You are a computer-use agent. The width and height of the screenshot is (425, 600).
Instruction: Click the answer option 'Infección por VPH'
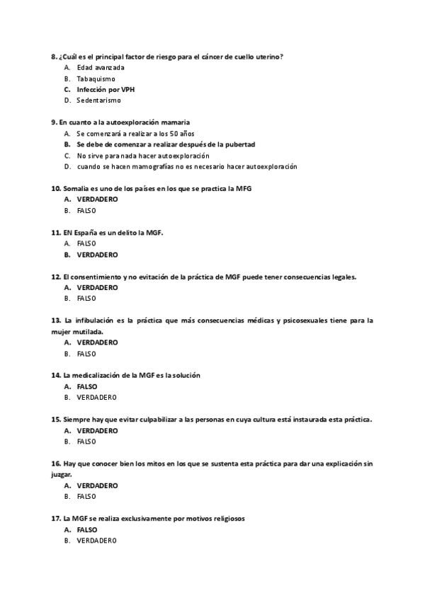(106, 90)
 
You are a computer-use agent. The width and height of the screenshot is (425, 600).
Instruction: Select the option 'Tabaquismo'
(96, 79)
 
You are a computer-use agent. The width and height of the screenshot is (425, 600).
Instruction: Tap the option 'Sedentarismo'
(98, 100)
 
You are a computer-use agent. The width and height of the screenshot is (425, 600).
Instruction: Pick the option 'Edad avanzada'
(101, 68)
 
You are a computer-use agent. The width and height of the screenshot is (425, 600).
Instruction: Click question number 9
(55, 122)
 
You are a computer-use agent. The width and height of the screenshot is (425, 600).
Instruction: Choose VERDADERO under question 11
(97, 255)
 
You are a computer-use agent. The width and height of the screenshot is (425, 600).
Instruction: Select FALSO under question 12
(86, 299)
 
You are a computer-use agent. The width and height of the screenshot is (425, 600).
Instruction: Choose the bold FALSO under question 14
(86, 387)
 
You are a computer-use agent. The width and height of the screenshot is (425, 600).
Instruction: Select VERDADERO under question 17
(96, 541)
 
